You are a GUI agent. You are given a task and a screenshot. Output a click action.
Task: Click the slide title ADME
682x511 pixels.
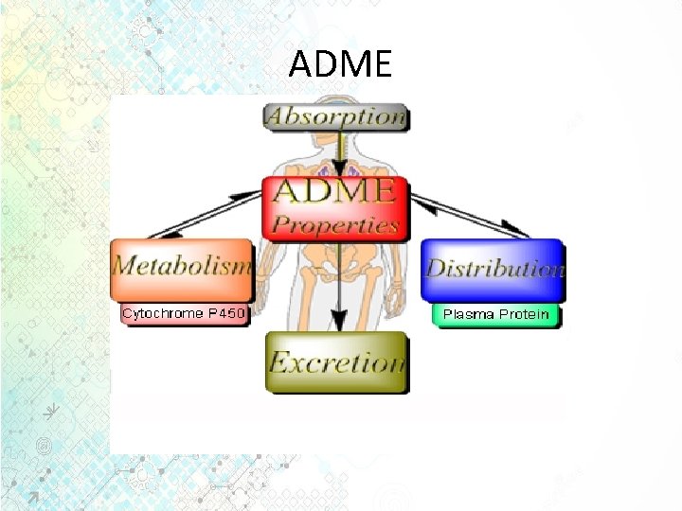tap(340, 64)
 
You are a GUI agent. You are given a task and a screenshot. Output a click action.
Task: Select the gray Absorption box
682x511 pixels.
tap(335, 117)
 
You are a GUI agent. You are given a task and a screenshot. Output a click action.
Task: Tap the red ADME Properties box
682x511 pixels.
tap(335, 207)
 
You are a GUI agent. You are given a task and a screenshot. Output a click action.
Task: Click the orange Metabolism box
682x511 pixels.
tap(182, 265)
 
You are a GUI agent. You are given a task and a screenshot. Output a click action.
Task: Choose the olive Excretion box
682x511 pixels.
tap(336, 361)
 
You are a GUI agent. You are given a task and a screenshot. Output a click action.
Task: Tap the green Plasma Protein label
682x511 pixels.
tap(496, 314)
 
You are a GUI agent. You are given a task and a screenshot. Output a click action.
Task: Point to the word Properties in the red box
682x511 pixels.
tap(335, 225)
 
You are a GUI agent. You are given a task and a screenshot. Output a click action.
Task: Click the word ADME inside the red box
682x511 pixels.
tap(334, 191)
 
